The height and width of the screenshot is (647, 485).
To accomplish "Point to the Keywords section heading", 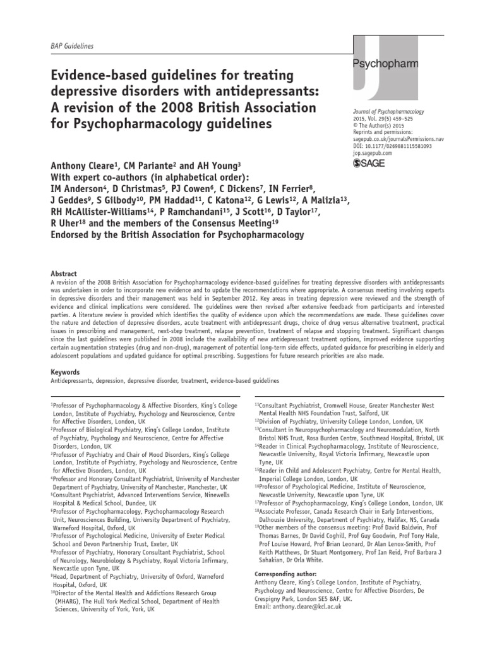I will [x=66, y=373].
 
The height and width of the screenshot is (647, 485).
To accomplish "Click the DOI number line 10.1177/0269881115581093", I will [x=392, y=146].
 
